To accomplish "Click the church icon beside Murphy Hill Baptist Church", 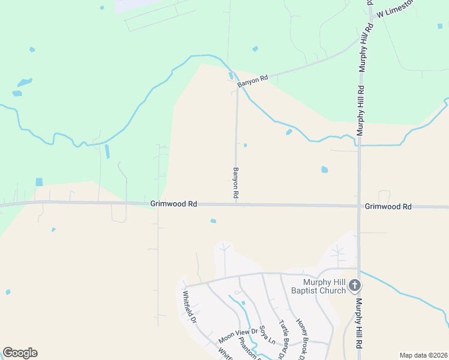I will point(355,285).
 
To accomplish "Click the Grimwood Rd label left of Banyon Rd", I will point(174,204).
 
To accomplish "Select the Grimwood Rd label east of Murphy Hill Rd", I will point(388,206).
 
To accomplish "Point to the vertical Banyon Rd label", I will point(236,184).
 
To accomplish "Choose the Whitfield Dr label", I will point(190,307).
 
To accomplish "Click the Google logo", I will point(20,353).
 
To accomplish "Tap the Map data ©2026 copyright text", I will point(423,355).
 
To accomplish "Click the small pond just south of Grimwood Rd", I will point(213,221).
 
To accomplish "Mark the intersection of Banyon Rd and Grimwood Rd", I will point(237,204).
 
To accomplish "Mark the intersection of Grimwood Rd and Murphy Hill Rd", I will point(359,206).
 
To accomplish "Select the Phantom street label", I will point(248,351).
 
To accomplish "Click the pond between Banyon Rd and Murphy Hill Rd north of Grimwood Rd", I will point(325,170).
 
